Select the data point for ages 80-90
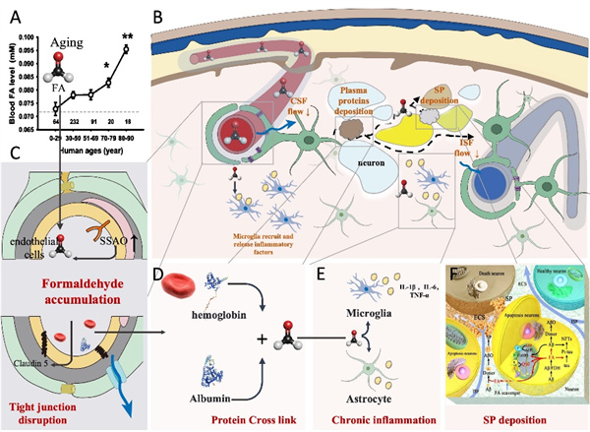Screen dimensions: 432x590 pos(126,49)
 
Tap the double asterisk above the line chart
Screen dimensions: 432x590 pos(126,38)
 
